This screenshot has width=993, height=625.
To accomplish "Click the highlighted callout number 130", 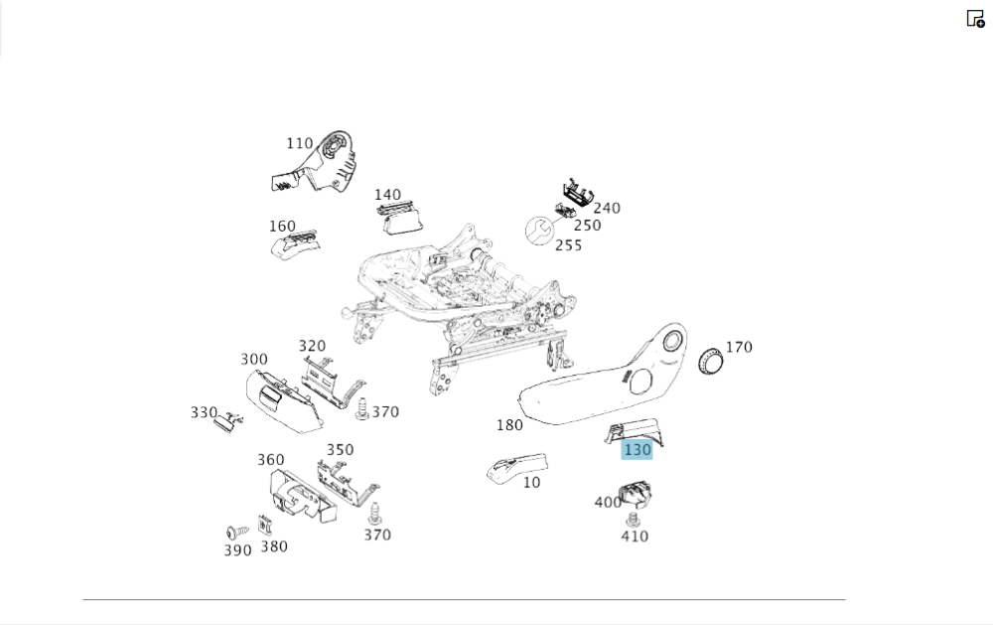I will [637, 450].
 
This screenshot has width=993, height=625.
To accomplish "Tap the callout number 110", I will [299, 144].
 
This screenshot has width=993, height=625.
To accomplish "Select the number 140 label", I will [387, 195].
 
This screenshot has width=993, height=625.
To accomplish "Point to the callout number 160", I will [282, 227].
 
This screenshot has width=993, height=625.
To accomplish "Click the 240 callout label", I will [606, 208].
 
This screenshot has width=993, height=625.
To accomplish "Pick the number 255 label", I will [568, 245].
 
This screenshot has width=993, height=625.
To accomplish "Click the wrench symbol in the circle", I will [539, 232].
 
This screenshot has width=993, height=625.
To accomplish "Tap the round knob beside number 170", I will [711, 362].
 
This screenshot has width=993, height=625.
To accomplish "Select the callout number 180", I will [509, 425].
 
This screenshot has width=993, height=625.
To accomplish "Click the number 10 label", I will [532, 483].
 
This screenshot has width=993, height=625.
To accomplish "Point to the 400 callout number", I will [608, 503].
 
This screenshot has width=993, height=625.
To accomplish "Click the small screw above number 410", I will [632, 520].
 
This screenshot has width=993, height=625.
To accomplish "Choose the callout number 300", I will [254, 360].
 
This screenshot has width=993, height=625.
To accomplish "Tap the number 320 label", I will [312, 346].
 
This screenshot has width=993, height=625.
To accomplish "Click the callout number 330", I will [204, 412].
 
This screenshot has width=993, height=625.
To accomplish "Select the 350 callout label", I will [340, 449].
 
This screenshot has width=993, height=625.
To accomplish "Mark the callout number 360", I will [270, 460].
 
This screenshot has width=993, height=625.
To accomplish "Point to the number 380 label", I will [274, 546].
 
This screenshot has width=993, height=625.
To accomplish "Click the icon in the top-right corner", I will [975, 18].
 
